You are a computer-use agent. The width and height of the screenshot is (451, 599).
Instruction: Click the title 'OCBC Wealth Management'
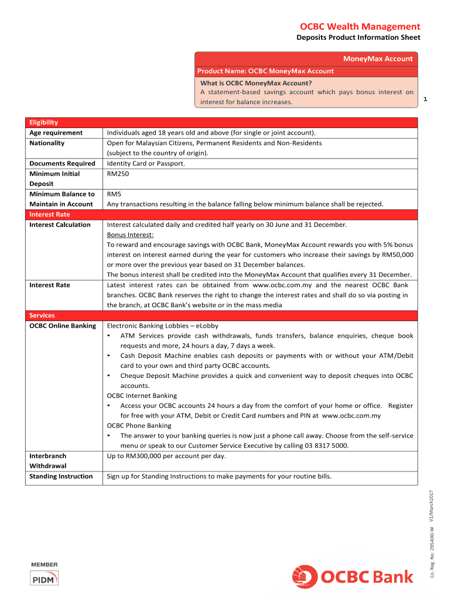[360, 26]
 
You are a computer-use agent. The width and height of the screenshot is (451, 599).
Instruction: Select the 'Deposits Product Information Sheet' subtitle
[358, 38]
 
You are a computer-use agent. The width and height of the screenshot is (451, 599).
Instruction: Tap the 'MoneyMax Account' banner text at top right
[377, 58]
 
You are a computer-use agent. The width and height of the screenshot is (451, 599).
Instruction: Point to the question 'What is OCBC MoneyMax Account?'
[256, 82]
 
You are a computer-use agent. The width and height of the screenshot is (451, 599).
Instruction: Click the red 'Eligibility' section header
[44, 122]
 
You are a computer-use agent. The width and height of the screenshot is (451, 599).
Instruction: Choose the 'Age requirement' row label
[56, 133]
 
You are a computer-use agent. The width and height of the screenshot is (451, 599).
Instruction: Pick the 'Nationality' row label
[47, 143]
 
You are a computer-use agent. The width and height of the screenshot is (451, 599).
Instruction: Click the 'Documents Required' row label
[62, 163]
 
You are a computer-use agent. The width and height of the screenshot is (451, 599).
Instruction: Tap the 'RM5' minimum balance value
[114, 194]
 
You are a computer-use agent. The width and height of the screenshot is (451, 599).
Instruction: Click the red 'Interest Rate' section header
[50, 214]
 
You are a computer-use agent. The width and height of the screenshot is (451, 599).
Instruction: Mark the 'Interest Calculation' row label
[60, 225]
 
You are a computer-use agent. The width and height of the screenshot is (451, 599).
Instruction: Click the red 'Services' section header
[42, 315]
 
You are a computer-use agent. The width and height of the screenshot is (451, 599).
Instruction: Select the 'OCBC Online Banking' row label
[63, 325]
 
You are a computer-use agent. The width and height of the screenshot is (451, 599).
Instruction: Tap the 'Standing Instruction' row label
[61, 476]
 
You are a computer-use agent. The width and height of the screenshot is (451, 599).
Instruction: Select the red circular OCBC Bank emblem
[305, 577]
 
